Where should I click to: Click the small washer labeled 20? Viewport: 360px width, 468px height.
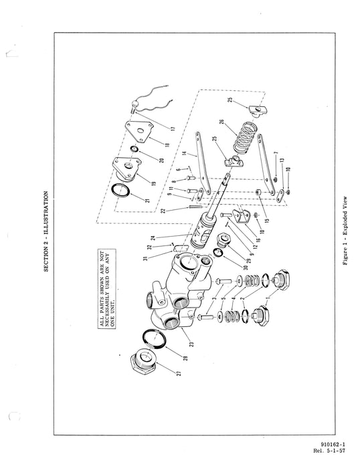click(x=134, y=149)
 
